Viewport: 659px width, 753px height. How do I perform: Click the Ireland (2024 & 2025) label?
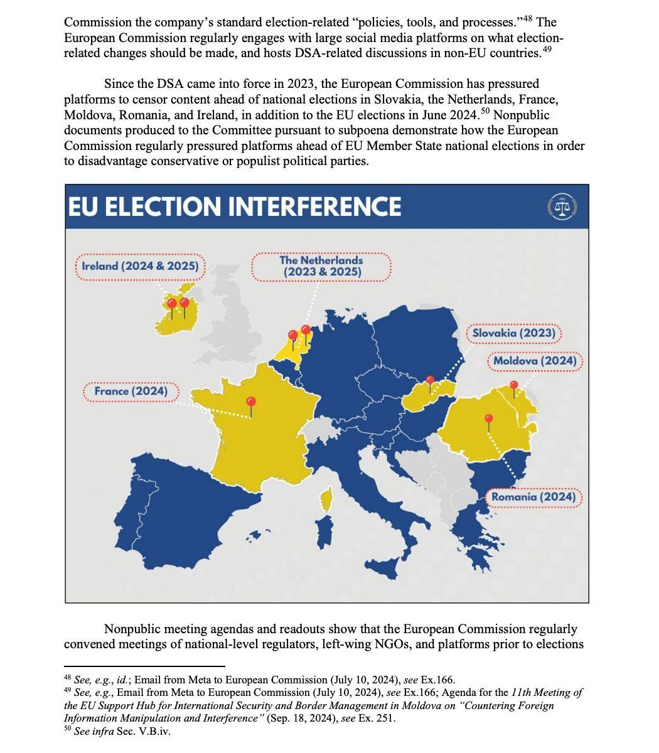pos(141,266)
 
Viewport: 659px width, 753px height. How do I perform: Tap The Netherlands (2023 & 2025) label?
pos(321,266)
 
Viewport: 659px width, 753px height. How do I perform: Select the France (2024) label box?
pos(131,392)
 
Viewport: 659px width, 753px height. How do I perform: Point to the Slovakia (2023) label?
pos(513,333)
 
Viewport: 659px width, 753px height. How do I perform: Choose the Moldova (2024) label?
pos(535,361)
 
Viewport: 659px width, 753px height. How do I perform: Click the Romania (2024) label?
pos(533,497)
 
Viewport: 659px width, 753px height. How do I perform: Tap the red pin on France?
pos(252,402)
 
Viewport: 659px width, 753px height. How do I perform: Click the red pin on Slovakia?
pos(430,380)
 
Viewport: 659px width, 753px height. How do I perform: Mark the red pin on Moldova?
pos(514,386)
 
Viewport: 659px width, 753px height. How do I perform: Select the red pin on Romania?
pos(489,420)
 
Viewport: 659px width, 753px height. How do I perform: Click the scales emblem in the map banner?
pos(562,206)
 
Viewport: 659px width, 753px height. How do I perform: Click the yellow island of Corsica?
pos(326,500)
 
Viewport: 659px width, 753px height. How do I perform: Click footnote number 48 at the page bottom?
pos(68,677)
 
